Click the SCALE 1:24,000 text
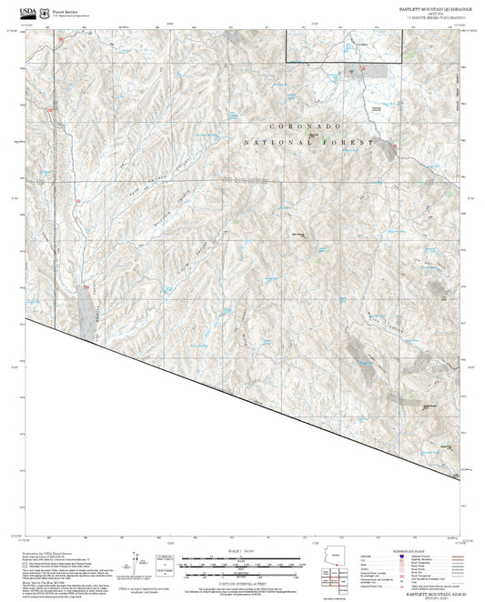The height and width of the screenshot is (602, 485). [x=242, y=550]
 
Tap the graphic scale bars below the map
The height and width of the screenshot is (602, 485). [x=242, y=564]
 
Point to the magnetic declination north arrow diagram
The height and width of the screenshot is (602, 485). [x=137, y=562]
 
